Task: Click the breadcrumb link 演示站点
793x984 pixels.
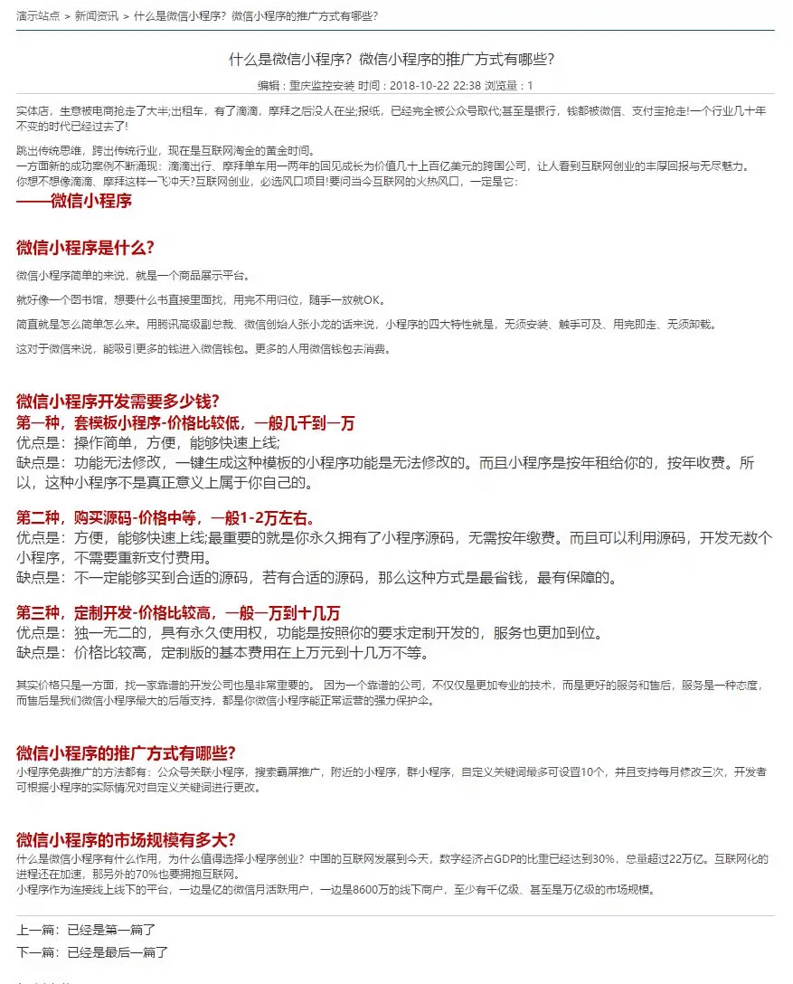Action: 39,15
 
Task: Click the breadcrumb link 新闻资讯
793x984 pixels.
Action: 96,15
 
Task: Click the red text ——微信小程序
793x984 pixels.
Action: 74,201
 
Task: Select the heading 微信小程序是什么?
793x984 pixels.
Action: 85,248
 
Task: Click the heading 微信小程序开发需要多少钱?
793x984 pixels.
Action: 118,402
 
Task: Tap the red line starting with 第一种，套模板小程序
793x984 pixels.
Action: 185,422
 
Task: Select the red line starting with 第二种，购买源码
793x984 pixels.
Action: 165,517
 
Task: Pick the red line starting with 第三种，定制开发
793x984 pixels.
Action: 178,612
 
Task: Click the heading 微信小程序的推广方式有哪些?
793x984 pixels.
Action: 126,752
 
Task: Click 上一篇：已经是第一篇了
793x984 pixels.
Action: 87,929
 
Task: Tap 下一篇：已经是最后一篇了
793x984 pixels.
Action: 92,952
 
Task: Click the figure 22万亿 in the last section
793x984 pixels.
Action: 687,858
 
